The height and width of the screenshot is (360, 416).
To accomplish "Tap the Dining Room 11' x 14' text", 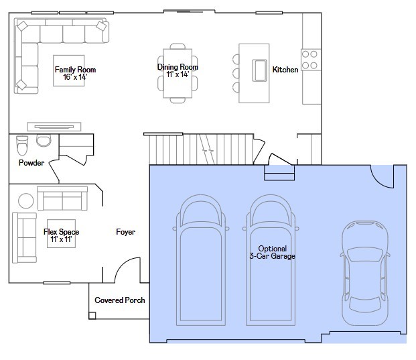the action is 178,70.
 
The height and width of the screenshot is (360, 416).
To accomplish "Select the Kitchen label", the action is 285,70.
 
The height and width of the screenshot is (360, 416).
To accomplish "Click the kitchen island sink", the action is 259,70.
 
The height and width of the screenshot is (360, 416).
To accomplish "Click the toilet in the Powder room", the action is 22,145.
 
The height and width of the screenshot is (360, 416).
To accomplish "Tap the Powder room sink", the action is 44,140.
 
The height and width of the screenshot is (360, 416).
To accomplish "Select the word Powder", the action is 31,163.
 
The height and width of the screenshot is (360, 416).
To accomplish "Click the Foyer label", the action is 125,232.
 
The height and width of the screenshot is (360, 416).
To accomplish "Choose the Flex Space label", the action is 61,232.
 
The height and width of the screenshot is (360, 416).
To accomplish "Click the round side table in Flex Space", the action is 26,200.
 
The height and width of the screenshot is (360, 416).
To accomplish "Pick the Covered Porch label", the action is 120,300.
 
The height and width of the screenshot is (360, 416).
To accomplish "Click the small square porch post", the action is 92,315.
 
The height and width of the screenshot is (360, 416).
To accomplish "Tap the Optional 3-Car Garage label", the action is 273,252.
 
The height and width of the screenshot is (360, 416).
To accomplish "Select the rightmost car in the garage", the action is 365,273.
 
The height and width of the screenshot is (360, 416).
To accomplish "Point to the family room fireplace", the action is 54,127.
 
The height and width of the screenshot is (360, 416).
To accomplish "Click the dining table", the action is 178,73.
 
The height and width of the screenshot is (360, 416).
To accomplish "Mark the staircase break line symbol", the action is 207,149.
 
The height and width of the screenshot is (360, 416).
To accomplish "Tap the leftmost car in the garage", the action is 201,260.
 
